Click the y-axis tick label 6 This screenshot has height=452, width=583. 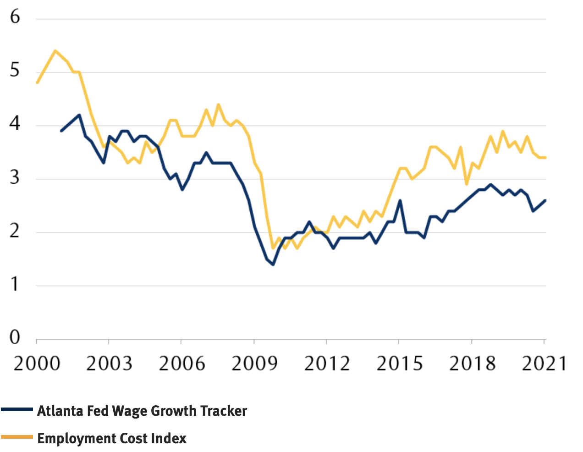tap(15, 17)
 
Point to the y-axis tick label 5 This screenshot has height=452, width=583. tap(15, 71)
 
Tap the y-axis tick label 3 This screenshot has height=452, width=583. tap(15, 177)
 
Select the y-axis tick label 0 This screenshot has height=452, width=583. tap(15, 338)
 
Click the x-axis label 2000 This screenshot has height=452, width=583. tap(37, 364)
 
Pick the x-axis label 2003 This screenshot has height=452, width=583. tap(109, 364)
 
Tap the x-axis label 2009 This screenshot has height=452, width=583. tap(254, 364)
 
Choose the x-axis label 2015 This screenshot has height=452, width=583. tap(399, 364)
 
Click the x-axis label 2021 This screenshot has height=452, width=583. tap(544, 364)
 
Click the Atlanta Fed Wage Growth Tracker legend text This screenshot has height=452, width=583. tap(142, 411)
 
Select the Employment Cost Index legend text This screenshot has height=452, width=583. tap(112, 438)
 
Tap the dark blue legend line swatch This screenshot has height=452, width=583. tap(17, 409)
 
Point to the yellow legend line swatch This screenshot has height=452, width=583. tap(17, 437)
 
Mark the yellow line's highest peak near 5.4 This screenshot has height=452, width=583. tap(55, 51)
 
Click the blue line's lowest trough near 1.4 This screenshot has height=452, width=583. tap(273, 265)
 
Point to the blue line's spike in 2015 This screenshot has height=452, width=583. tap(400, 200)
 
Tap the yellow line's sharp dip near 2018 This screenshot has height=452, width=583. tap(467, 184)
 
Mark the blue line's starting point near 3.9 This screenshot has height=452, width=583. tap(61, 131)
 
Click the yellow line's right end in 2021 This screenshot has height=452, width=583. tap(545, 158)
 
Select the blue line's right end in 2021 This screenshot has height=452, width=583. tap(545, 200)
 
